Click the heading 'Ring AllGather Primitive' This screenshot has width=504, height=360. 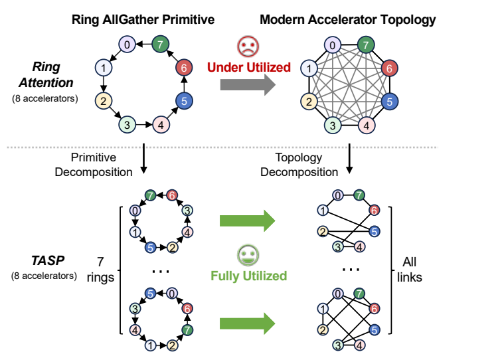click(143, 19)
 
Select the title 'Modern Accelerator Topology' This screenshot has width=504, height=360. click(347, 19)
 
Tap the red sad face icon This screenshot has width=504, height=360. click(247, 46)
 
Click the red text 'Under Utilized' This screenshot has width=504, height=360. click(248, 67)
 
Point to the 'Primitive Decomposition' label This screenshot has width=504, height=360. click(102, 164)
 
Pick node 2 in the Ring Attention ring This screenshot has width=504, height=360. click(103, 102)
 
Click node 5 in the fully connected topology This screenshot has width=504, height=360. click(391, 102)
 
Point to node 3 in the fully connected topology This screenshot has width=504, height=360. click(333, 124)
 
